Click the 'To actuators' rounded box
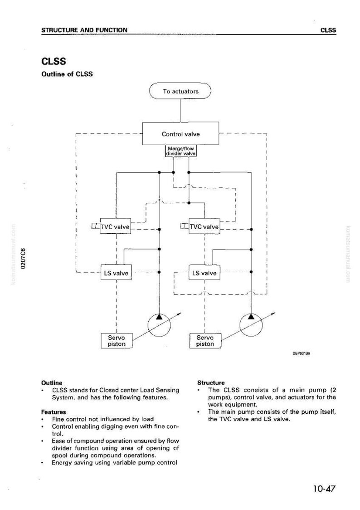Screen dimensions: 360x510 point(180,91)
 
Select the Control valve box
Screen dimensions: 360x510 point(180,134)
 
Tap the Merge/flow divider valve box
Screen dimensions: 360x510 point(181,151)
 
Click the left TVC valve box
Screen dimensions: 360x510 point(115,227)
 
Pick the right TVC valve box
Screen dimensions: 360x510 point(204,227)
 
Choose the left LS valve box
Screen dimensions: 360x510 point(116,273)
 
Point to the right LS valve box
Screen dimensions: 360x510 point(204,273)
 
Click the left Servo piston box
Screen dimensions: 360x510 point(117,341)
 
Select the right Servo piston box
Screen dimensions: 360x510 point(205,341)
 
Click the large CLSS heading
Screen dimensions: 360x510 point(54,61)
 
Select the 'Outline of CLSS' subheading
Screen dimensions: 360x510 point(67,74)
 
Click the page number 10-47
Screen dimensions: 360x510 point(324,489)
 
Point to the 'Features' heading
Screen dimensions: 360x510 point(54,412)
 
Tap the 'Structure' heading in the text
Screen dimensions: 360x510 point(211,383)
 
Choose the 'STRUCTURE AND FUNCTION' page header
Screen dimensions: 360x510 point(84,30)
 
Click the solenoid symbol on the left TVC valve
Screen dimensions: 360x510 point(96,226)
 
